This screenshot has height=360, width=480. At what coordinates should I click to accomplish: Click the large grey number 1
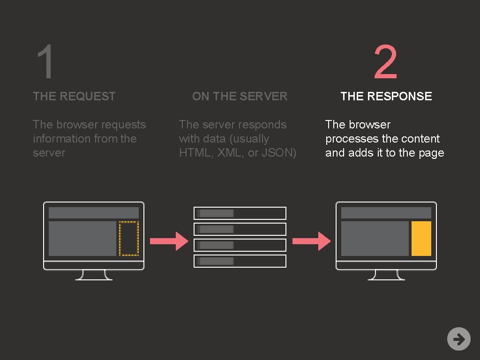pos(45,62)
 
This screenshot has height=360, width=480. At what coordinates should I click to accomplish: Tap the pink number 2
pos(386,62)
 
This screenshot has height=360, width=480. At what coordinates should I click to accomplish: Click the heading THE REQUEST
pos(74,96)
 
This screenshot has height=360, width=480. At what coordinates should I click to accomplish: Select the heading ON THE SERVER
pos(240,96)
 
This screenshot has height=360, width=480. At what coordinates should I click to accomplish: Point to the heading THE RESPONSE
pos(386,96)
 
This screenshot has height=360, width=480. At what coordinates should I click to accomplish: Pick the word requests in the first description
pos(123,125)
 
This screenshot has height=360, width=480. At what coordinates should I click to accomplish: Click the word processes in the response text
pos(348,139)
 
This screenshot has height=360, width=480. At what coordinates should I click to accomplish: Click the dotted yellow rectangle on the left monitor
pos(128,239)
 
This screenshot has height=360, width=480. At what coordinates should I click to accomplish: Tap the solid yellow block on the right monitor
pos(421,239)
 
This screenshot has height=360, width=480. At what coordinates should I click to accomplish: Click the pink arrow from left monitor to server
pos(169,241)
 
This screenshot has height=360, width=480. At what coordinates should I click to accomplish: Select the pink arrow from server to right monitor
pos(311,241)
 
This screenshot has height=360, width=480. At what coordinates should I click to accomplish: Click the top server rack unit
pos(240,213)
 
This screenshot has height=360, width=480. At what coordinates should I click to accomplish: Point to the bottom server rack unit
pos(240,261)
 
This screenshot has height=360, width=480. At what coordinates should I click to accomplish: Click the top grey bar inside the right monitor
pos(386,213)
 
